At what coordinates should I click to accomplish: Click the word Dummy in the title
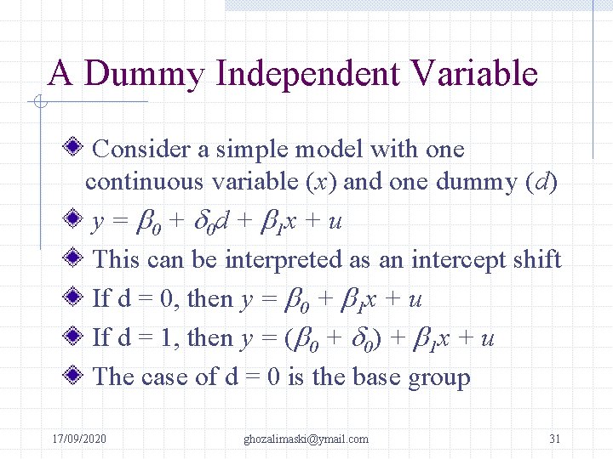tap(145, 75)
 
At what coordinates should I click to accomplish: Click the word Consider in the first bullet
tap(141, 150)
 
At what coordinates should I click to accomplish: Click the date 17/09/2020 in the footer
tap(79, 439)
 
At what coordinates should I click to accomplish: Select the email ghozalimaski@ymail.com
tap(306, 439)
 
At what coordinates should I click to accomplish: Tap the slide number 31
tap(554, 439)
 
